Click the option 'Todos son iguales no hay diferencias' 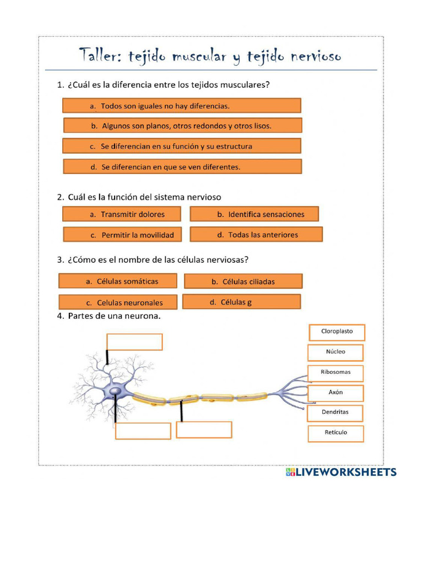click(182, 106)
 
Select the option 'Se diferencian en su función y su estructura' click(182, 146)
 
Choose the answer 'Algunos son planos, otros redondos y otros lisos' click(182, 126)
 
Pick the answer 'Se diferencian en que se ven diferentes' click(182, 167)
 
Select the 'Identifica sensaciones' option click(254, 214)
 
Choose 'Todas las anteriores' click(256, 235)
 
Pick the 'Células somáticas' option click(118, 281)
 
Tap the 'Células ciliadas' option click(243, 281)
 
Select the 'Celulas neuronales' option click(118, 302)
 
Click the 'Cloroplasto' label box click(337, 332)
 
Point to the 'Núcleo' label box click(335, 352)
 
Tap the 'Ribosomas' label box click(335, 372)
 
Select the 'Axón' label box click(335, 393)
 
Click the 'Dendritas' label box click(335, 413)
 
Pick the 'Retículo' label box click(335, 433)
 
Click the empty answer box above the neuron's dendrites click(134, 342)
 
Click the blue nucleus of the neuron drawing click(115, 392)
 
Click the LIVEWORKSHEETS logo click(341, 473)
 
